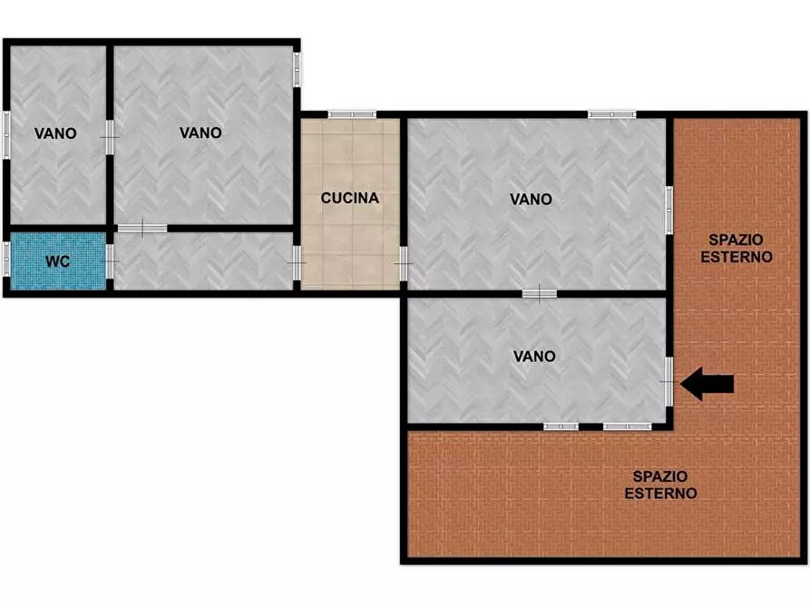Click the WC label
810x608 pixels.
point(58,261)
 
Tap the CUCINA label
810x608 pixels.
point(349,198)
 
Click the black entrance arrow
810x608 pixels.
point(707,384)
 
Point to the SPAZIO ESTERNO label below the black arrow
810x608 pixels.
point(660,485)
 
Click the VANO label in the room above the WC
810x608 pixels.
point(55,133)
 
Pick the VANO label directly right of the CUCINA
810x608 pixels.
point(531,200)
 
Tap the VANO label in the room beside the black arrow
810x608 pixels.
point(534,357)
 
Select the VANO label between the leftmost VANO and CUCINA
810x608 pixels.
point(200,132)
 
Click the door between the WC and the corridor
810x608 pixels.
point(110,260)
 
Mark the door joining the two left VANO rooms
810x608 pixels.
point(110,136)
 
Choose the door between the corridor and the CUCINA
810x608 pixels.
point(298,263)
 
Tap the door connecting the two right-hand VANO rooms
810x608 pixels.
point(539,293)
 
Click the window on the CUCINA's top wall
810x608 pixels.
point(352,114)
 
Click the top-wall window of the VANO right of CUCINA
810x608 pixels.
point(611,114)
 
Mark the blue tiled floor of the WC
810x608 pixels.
point(36,272)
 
